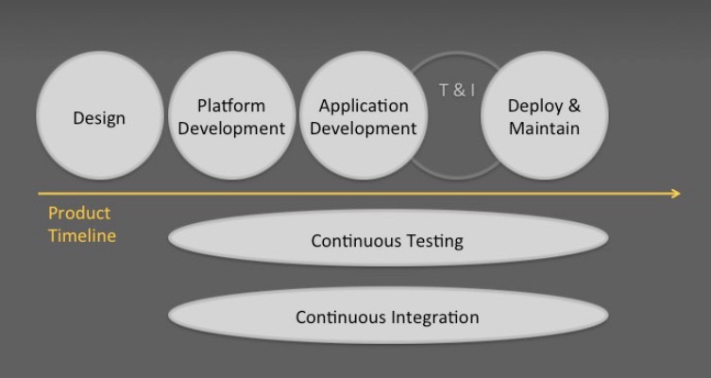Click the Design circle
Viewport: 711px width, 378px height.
pyautogui.click(x=100, y=115)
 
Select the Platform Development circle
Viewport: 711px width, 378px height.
pyautogui.click(x=231, y=115)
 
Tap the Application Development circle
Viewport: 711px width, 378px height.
pyautogui.click(x=364, y=115)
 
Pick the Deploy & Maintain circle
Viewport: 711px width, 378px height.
pyautogui.click(x=545, y=115)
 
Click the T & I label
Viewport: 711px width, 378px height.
pyautogui.click(x=457, y=90)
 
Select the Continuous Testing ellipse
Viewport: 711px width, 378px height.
pyautogui.click(x=388, y=238)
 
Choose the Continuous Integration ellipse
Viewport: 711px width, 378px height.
pyautogui.click(x=388, y=315)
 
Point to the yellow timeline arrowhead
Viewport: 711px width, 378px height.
pyautogui.click(x=676, y=194)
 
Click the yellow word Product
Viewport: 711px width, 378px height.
pyautogui.click(x=79, y=213)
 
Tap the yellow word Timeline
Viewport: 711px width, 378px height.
pyautogui.click(x=82, y=235)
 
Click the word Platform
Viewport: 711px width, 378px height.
pyautogui.click(x=231, y=105)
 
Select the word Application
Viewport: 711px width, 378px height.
pyautogui.click(x=364, y=106)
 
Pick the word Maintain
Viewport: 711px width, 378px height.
pyautogui.click(x=544, y=128)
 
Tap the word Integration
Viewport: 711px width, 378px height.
pyautogui.click(x=435, y=318)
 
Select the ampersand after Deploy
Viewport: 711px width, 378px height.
pyautogui.click(x=573, y=105)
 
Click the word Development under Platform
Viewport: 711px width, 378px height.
pyautogui.click(x=231, y=129)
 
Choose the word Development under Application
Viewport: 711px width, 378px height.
pyautogui.click(x=364, y=129)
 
